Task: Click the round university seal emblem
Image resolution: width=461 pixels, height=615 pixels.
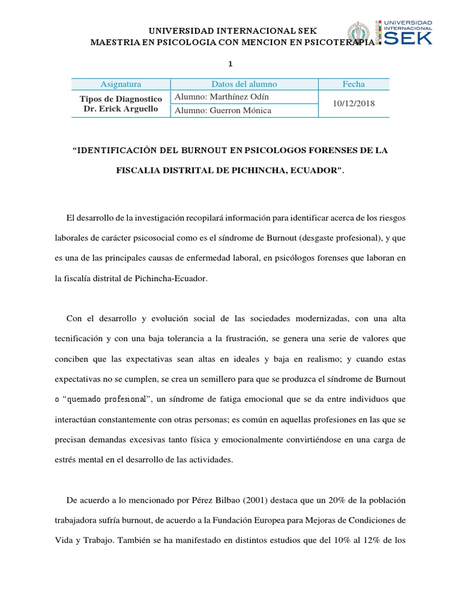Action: point(360,34)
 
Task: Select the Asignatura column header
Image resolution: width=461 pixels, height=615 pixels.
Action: point(121,84)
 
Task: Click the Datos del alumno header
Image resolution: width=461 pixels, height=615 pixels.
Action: point(244,84)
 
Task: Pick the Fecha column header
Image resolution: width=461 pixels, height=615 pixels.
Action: point(354,84)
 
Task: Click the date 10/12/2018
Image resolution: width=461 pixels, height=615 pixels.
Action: point(354,103)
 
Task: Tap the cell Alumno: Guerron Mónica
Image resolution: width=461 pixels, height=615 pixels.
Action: point(223,111)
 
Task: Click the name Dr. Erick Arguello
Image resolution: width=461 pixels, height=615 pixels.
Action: point(121,109)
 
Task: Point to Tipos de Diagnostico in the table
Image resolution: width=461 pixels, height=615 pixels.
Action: point(121,98)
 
